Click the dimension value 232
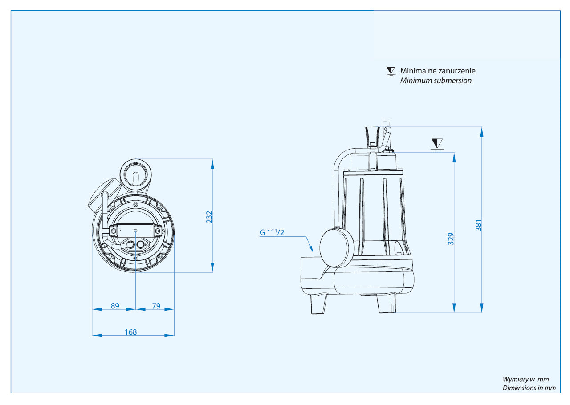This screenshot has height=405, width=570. click(x=209, y=216)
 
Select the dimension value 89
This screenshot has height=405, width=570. click(x=115, y=306)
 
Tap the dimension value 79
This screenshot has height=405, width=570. click(x=156, y=306)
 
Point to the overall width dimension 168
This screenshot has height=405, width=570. click(x=131, y=332)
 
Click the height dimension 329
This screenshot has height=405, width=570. click(x=451, y=239)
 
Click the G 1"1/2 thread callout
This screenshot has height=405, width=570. click(x=272, y=232)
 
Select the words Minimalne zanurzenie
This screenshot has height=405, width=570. click(x=437, y=71)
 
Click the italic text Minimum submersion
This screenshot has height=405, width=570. click(x=436, y=81)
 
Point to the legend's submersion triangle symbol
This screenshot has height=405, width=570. click(x=391, y=71)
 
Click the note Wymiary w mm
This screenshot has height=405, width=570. click(x=525, y=379)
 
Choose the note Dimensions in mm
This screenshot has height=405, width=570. click(x=529, y=388)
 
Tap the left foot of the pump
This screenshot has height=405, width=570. click(x=318, y=304)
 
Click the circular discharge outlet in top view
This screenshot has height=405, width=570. click(x=136, y=174)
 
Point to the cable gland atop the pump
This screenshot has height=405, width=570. click(x=373, y=134)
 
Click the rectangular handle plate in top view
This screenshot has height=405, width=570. click(x=136, y=231)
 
